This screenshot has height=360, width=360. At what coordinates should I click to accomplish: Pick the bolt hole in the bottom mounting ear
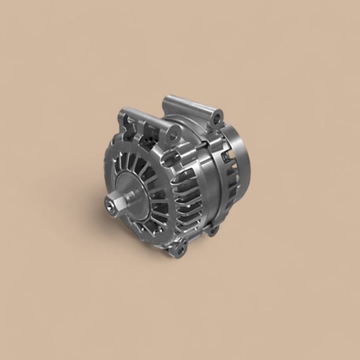[x=179, y=251]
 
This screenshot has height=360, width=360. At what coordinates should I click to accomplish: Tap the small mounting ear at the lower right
[x=212, y=229]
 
